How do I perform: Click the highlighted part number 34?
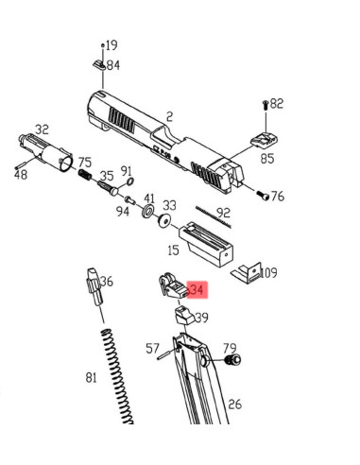(197, 289)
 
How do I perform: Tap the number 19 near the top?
(111, 45)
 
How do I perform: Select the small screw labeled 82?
(266, 105)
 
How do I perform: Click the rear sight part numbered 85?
(265, 139)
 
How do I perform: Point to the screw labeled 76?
(263, 195)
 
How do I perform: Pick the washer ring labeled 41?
(147, 211)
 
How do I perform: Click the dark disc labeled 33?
(163, 221)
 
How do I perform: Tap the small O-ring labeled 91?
(130, 181)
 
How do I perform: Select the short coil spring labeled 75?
(85, 175)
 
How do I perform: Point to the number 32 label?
(42, 129)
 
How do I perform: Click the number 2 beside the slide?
(170, 117)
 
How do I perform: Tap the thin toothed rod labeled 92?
(214, 217)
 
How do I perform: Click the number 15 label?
(174, 250)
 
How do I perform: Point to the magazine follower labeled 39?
(183, 316)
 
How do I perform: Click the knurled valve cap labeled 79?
(233, 359)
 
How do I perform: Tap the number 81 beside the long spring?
(91, 377)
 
